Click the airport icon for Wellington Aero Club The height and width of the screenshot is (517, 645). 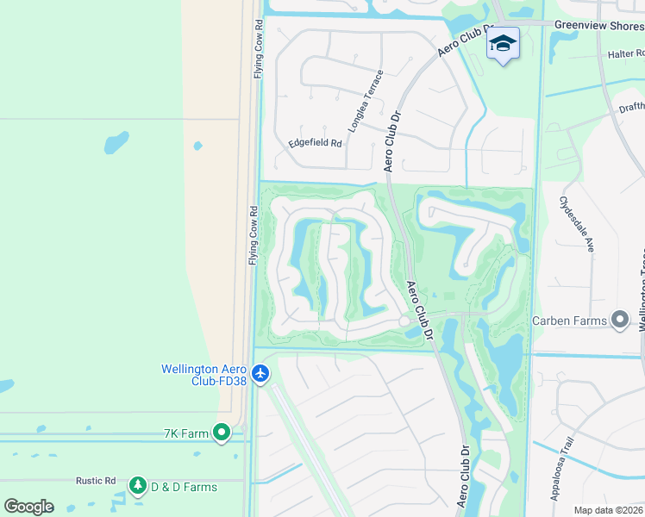[261, 374]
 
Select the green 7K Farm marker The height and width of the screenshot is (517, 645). [222, 433]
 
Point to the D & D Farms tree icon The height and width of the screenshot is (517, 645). [137, 486]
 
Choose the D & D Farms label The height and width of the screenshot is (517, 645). [184, 487]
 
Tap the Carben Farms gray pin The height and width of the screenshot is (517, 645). [620, 321]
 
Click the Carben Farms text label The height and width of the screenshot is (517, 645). [569, 321]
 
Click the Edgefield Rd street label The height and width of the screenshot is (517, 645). [315, 142]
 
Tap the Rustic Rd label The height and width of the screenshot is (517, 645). [95, 480]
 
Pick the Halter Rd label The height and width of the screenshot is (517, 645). [626, 53]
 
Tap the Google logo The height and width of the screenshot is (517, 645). [28, 506]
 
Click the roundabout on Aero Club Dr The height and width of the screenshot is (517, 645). [404, 321]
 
